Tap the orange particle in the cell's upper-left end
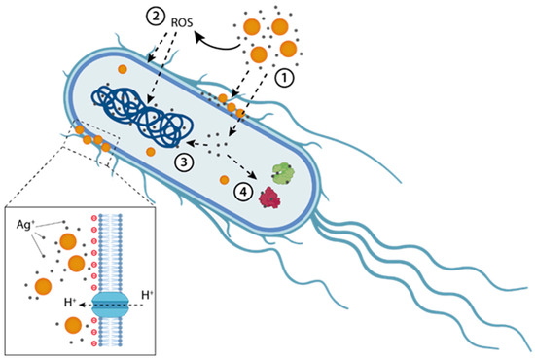tap(123, 69)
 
